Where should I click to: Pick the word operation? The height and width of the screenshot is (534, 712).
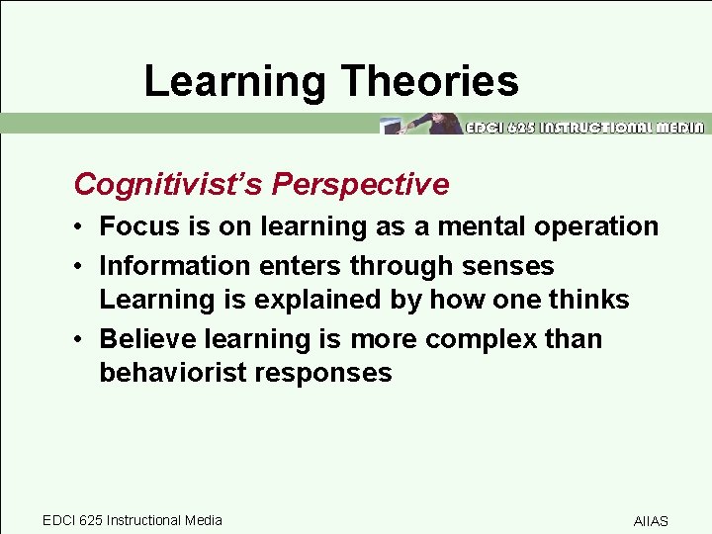coord(593,226)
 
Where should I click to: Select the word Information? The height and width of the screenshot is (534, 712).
coord(175,266)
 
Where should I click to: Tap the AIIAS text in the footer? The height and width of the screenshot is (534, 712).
coord(651,521)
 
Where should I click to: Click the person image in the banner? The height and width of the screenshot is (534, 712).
coord(435,124)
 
